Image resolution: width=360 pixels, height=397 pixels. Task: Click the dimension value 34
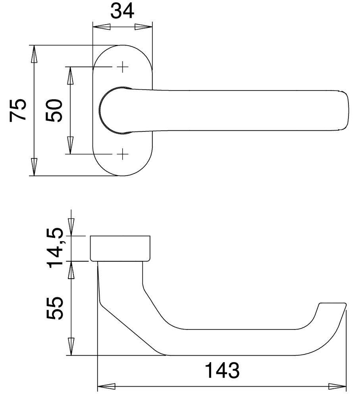(x=122, y=12)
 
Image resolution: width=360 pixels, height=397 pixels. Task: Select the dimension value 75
(x=18, y=110)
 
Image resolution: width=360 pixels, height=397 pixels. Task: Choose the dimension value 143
(x=222, y=371)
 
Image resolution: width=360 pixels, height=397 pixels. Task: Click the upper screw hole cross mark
(x=123, y=67)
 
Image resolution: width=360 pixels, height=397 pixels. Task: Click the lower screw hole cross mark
(x=123, y=154)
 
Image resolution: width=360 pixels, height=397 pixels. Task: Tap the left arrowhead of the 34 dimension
(x=101, y=27)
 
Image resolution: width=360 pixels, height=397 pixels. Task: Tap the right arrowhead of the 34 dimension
(x=143, y=27)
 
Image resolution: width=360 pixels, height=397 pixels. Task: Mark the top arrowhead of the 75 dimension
(x=35, y=54)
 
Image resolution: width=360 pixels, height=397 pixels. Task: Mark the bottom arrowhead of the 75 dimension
(x=35, y=167)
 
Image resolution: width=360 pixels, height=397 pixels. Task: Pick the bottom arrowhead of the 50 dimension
(x=70, y=145)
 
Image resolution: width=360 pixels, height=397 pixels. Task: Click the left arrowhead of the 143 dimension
(x=107, y=386)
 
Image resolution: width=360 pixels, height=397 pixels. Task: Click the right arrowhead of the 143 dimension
(x=338, y=386)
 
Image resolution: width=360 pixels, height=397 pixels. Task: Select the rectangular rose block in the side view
(x=120, y=249)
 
